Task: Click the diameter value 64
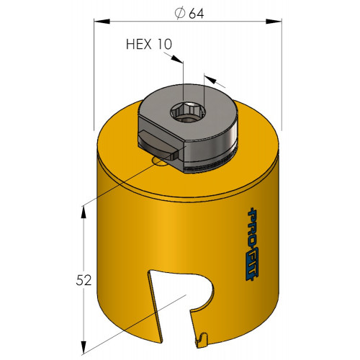point(197,14)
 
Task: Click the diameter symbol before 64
point(180,14)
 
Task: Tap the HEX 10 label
point(149,44)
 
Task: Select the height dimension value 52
point(84,280)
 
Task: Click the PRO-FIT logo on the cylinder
point(252,244)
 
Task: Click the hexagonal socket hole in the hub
point(188,112)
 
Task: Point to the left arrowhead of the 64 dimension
point(102,22)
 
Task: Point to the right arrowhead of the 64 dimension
point(274,22)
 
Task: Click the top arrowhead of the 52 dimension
point(84,212)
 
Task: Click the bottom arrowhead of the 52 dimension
point(84,348)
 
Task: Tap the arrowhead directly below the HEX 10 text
point(176,60)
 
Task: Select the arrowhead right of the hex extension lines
point(210,79)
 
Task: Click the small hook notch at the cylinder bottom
point(202,338)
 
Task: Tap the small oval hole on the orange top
point(159,162)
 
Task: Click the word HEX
point(138,44)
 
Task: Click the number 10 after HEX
point(165,44)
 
